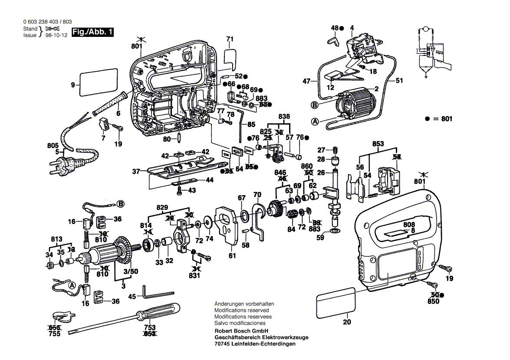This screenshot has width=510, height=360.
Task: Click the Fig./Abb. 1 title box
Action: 92,32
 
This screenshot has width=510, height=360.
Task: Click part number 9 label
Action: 73,85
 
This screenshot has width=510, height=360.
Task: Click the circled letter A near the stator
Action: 315,122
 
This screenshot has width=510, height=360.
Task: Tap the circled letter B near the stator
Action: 314,105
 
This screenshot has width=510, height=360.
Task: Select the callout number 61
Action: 232,256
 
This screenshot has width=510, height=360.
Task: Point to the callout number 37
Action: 136,172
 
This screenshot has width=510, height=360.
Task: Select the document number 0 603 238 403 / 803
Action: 47,22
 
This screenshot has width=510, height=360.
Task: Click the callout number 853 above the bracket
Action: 378,144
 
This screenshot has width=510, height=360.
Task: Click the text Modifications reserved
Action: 241,310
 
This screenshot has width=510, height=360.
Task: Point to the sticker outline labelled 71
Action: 230,57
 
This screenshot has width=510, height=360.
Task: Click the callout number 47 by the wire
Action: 307,81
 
